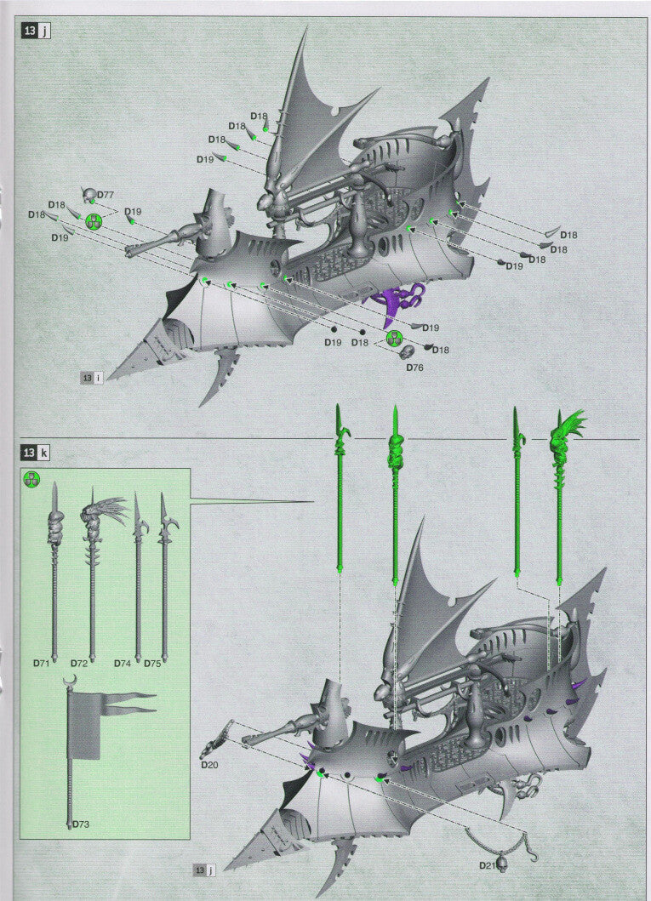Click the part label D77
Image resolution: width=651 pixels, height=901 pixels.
106,195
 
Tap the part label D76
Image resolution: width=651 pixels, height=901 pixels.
414,368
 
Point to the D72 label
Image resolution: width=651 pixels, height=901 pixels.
79,662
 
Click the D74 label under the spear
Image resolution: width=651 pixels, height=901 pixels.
124,662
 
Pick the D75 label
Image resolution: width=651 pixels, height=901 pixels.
152,662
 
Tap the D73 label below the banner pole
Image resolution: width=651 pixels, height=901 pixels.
81,824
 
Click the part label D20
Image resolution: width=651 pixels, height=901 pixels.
209,765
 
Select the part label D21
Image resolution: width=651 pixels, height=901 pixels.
487,865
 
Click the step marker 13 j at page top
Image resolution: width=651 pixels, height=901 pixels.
36,31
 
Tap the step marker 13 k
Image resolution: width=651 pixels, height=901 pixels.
36,452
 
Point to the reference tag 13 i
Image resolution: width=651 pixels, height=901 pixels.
91,378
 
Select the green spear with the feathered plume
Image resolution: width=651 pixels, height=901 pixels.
563,493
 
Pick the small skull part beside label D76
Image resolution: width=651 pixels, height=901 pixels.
408,351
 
